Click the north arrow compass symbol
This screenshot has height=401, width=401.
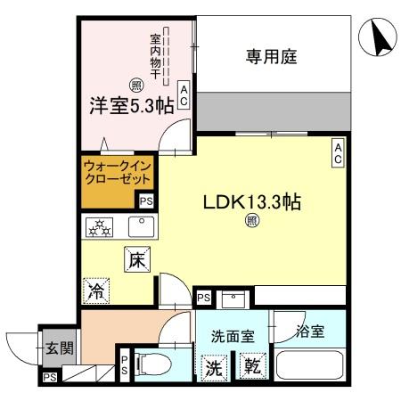click(377, 37)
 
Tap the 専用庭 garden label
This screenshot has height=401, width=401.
click(271, 57)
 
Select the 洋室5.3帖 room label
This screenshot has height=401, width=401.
click(130, 106)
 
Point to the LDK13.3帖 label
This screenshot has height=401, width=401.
click(250, 200)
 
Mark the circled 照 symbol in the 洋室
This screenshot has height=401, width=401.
click(135, 86)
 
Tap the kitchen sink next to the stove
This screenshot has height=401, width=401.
click(140, 227)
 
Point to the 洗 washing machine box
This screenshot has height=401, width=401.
click(216, 365)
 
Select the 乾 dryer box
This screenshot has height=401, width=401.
click(251, 365)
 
